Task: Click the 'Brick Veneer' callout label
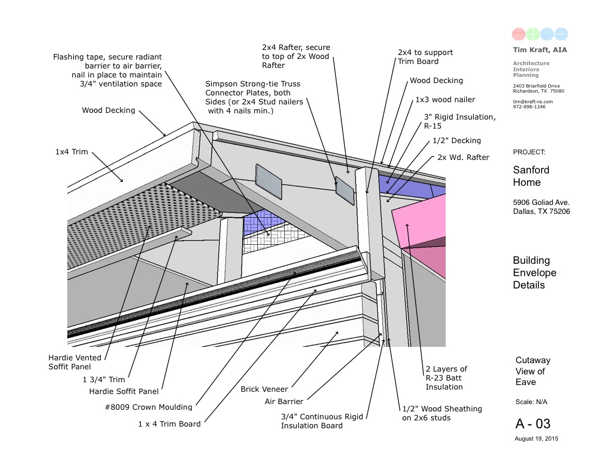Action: (264, 389)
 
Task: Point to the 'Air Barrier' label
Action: (284, 401)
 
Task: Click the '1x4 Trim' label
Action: (71, 152)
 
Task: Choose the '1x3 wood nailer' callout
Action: (445, 99)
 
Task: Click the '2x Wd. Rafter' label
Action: (463, 157)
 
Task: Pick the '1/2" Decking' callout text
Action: (457, 140)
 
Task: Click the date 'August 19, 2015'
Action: (536, 438)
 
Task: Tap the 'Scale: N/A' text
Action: (531, 402)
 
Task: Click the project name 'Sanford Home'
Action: (531, 176)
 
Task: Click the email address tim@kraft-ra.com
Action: (533, 102)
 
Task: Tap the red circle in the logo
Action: (519, 34)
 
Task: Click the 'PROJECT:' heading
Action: (529, 152)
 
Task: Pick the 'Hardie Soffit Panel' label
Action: (124, 391)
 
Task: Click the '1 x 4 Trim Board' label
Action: (169, 424)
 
